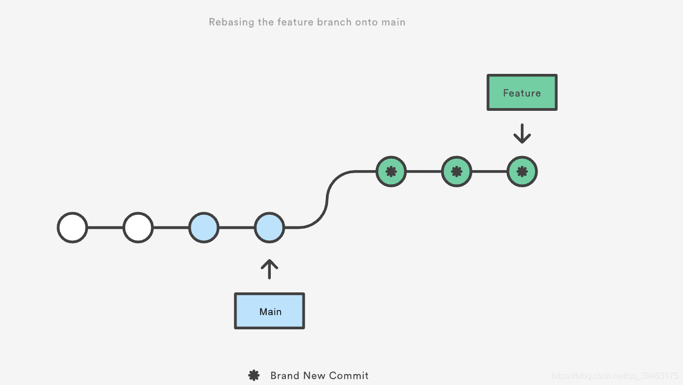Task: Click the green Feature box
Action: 522,93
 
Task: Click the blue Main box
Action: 269,311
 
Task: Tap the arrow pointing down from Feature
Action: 522,134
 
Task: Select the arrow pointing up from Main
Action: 269,269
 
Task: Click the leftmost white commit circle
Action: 72,227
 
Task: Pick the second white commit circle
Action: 138,227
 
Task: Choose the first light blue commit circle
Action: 203,227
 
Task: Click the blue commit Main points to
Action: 269,227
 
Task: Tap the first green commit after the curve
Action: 391,172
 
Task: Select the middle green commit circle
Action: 456,172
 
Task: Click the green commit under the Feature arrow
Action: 522,172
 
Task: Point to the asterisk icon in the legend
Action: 254,376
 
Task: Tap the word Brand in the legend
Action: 285,376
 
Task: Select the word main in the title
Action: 392,22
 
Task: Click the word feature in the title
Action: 295,22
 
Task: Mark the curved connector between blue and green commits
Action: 327,200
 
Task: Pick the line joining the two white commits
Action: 105,227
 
